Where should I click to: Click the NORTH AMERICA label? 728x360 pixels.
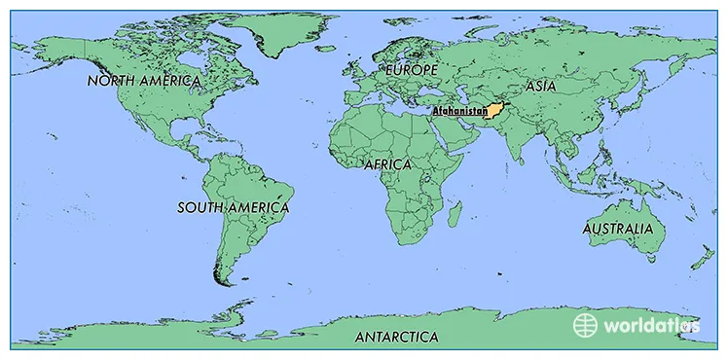144,81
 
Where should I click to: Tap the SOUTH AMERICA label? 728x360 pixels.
234,207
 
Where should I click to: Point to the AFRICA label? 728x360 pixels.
387,164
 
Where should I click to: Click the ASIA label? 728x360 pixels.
541,86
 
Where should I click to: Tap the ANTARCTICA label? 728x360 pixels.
396,338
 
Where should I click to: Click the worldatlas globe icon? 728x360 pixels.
584,324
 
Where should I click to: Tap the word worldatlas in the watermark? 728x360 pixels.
648,325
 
